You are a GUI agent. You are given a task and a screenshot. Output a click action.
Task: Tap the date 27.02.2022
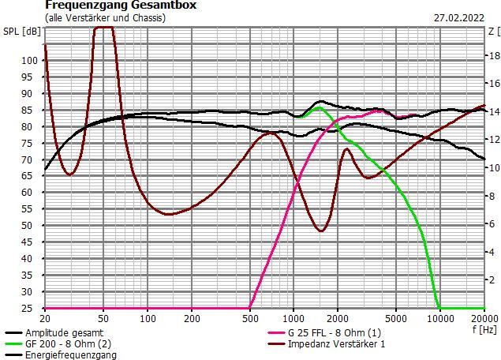[458, 17]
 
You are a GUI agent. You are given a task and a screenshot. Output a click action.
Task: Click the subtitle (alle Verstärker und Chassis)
[105, 17]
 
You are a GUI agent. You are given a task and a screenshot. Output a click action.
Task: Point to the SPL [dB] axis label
[21, 32]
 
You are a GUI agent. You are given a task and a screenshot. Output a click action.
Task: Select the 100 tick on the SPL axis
[29, 60]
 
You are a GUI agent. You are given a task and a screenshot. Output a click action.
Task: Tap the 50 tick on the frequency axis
[103, 318]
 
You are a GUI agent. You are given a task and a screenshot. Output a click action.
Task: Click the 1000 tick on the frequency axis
[293, 318]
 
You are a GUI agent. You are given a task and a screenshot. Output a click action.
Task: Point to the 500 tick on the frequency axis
[249, 318]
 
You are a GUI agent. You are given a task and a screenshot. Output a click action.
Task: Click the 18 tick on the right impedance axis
[492, 55]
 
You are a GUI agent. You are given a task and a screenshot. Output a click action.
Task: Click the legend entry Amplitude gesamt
[64, 333]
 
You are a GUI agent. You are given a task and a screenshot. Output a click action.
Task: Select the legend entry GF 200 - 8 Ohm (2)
[66, 344]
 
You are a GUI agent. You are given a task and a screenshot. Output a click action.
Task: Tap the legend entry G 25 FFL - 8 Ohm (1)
[335, 333]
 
